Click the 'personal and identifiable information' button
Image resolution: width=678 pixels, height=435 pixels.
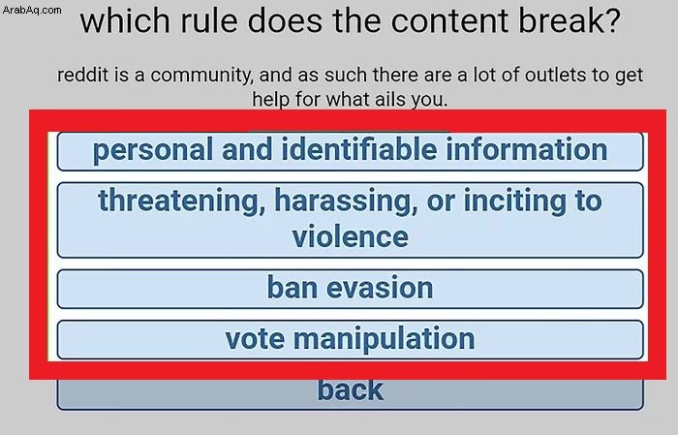(x=351, y=151)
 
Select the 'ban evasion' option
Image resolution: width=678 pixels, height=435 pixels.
(x=351, y=289)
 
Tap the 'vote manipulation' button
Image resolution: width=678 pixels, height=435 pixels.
(x=351, y=339)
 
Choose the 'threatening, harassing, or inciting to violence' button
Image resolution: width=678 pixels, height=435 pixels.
(x=351, y=220)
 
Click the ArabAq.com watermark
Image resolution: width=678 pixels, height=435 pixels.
(x=32, y=10)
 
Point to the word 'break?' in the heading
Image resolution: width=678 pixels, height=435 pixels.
(x=570, y=20)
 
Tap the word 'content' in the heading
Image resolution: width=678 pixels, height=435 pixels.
(x=449, y=21)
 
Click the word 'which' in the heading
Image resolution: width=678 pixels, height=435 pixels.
(x=125, y=20)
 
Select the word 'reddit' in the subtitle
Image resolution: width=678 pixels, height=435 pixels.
(x=82, y=75)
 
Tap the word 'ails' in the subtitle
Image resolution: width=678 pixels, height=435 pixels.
(x=386, y=99)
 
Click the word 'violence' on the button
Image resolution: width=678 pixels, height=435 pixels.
(x=351, y=236)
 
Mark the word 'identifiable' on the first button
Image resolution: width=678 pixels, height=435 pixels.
(x=359, y=149)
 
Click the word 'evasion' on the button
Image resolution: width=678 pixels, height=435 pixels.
(x=380, y=288)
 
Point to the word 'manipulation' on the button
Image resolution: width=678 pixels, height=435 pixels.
(x=385, y=339)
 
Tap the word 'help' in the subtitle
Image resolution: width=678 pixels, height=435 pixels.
(x=271, y=100)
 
